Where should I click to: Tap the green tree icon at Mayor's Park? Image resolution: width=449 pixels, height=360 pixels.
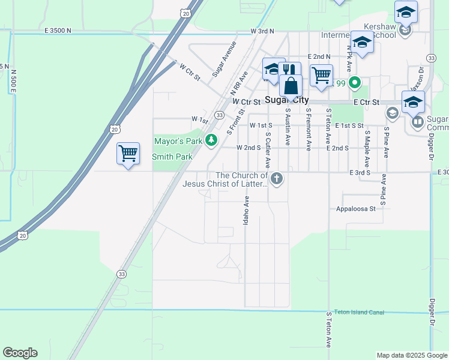(211, 140)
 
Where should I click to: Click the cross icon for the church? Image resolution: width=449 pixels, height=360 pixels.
(276, 178)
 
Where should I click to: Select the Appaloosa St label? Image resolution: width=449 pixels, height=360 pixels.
(355, 209)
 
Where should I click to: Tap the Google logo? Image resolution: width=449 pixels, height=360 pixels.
(20, 353)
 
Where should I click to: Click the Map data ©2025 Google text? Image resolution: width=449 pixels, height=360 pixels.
(411, 355)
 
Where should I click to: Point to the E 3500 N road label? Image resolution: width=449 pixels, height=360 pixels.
(58, 30)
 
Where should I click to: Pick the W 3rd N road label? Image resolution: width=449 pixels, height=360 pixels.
(262, 31)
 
